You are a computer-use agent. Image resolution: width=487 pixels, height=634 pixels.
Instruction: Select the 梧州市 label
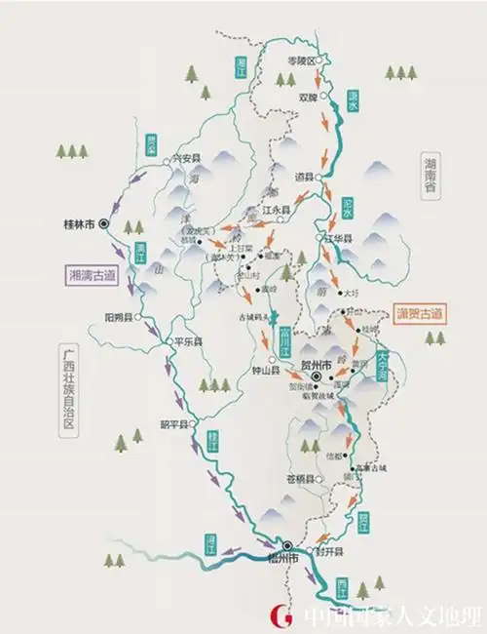pyautogui.click(x=281, y=558)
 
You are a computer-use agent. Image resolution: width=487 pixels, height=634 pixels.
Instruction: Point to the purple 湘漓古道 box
pyautogui.click(x=92, y=275)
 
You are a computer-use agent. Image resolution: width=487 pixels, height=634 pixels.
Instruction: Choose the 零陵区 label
pyautogui.click(x=304, y=61)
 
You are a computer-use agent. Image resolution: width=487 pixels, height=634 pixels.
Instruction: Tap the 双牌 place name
pyautogui.click(x=308, y=97)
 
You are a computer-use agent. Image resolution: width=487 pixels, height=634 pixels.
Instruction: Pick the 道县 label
pyautogui.click(x=304, y=178)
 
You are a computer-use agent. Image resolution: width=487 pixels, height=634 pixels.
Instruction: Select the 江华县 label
pyautogui.click(x=342, y=237)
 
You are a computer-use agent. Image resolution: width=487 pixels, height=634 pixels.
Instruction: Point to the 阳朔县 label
pyautogui.click(x=118, y=317)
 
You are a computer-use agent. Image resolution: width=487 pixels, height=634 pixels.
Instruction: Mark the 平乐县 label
pyautogui.click(x=187, y=342)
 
